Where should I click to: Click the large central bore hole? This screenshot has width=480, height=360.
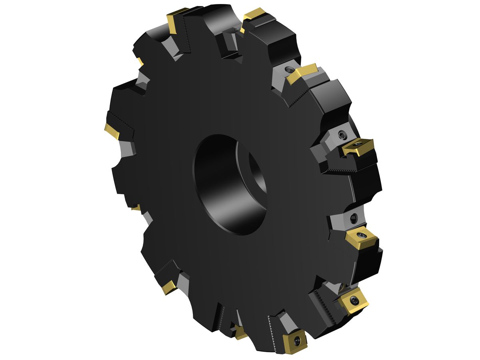click(x=230, y=184)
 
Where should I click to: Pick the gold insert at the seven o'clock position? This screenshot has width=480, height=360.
click(x=169, y=287)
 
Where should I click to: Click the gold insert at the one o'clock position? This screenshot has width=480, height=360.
click(x=302, y=74)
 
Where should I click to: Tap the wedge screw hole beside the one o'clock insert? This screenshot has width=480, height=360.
click(x=289, y=69)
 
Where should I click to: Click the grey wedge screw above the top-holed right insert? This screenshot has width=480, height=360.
click(x=342, y=134)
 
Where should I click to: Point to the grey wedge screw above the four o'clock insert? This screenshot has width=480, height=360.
click(x=354, y=218)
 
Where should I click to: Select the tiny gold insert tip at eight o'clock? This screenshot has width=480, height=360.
click(x=136, y=208)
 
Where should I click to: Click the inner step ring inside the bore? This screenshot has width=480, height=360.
click(x=256, y=172)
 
